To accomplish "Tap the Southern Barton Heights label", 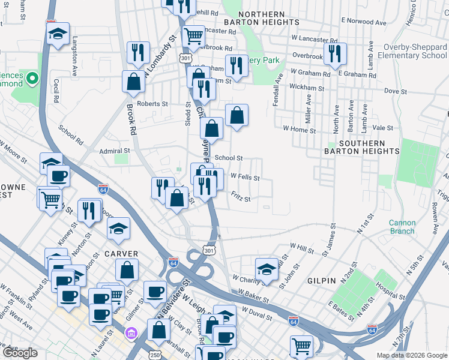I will click(x=361, y=147).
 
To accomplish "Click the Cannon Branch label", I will click(x=402, y=227).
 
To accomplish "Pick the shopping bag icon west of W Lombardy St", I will click(x=133, y=81).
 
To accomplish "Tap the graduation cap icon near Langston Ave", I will click(x=58, y=33).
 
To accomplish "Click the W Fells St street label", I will click(x=245, y=178).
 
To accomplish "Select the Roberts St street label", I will click(x=152, y=103).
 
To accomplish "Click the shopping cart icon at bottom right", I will click(x=301, y=346).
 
